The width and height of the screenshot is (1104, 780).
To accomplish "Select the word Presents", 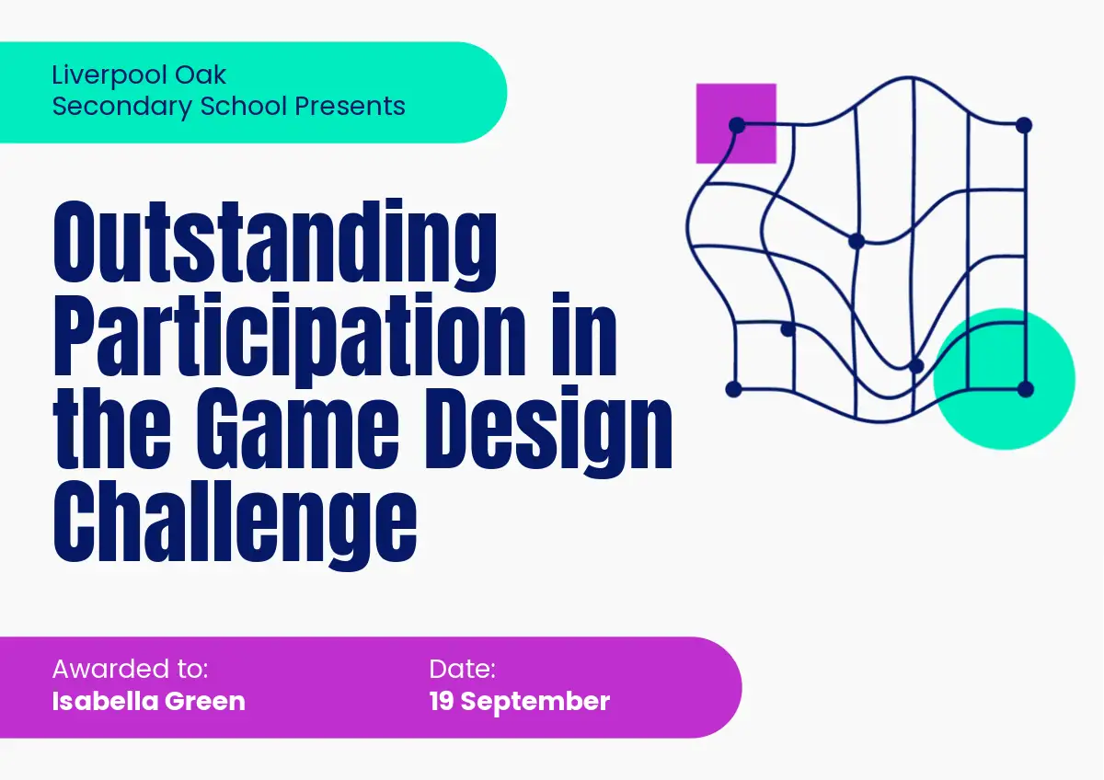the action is click(350, 106).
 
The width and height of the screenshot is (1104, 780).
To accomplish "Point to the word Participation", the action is click(291, 336).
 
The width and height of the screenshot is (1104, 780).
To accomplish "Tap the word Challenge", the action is click(236, 525).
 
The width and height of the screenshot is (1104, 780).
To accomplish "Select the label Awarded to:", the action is click(130, 669).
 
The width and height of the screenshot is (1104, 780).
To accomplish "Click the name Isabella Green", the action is click(148, 701).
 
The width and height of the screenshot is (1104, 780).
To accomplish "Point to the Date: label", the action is click(462, 669).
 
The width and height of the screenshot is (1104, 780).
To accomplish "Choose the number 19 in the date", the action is click(441, 701).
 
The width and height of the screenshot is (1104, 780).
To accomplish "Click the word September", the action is click(535, 702).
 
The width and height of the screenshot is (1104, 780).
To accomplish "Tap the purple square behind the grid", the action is click(736, 123).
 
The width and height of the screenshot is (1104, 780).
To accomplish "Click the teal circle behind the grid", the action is click(1004, 378).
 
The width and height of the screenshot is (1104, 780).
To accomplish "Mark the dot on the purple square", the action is click(737, 125).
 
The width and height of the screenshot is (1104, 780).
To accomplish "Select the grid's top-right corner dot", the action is click(1024, 125).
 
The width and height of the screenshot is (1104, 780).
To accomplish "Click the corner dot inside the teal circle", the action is click(1025, 389).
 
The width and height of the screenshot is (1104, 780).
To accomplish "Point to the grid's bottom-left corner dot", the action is click(733, 389).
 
